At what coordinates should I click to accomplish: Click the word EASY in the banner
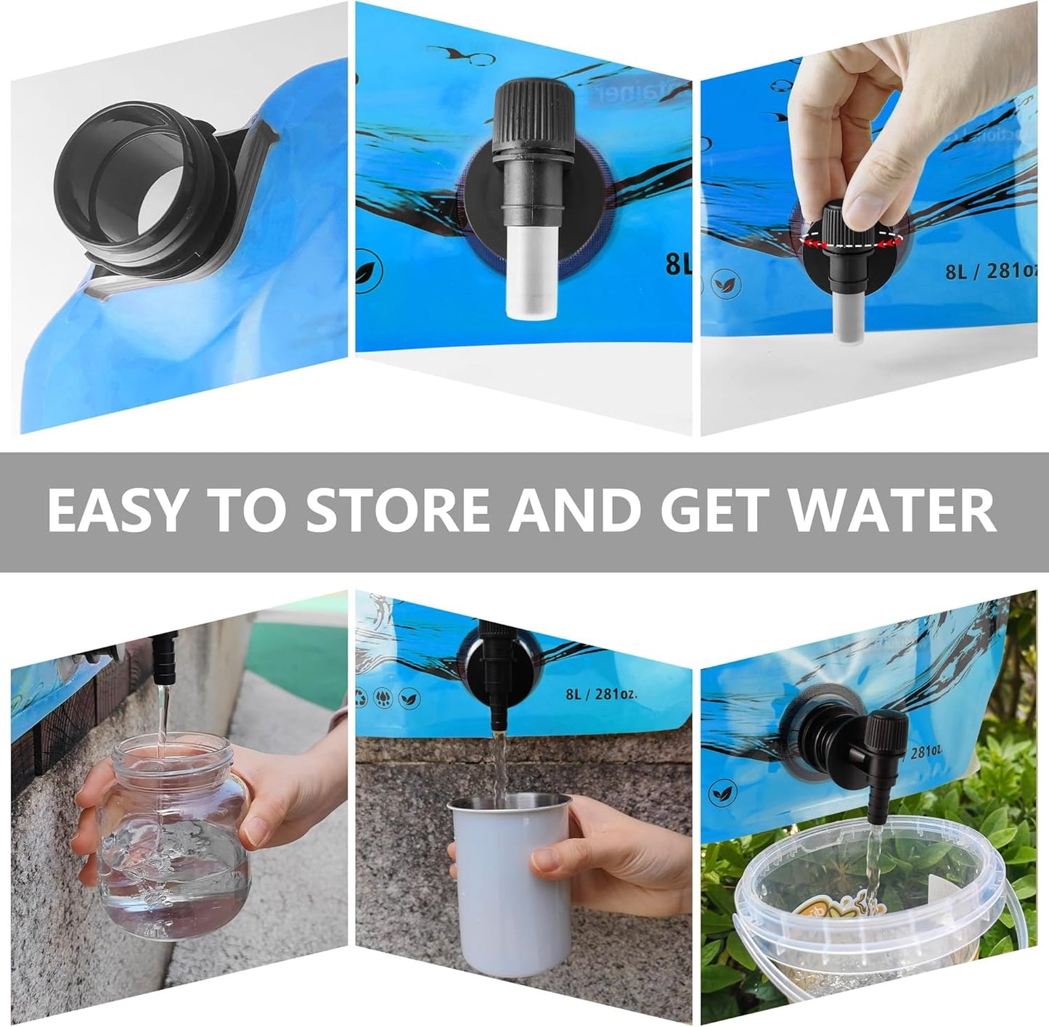click(x=117, y=510)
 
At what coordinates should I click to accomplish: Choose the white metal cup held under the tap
click(x=501, y=885)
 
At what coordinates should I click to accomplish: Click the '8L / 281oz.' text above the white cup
click(x=601, y=693)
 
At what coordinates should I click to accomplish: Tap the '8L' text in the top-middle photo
click(x=678, y=264)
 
